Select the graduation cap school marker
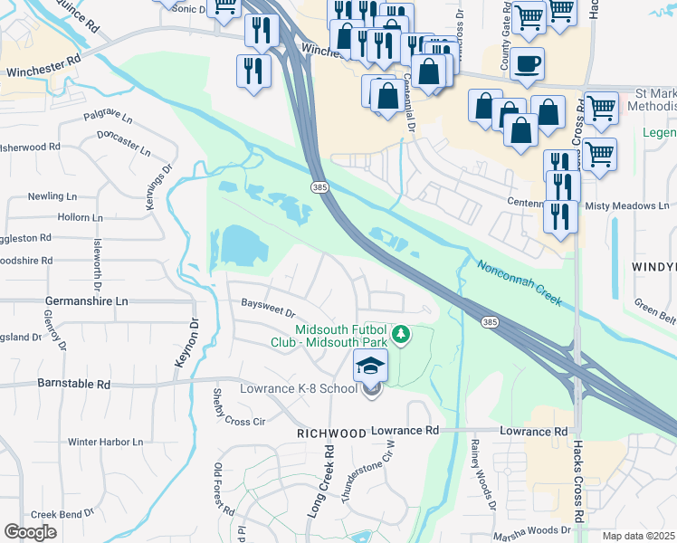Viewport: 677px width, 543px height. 370,367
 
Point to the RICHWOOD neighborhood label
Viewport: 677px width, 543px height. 330,434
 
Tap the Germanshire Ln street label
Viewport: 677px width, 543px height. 87,300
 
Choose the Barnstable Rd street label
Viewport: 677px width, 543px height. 73,384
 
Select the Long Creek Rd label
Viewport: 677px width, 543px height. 321,480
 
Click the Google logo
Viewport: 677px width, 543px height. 30,531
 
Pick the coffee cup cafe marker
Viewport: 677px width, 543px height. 527,63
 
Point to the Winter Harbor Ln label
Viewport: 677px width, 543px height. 106,443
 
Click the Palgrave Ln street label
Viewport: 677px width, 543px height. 108,119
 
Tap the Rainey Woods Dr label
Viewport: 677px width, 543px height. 479,470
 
